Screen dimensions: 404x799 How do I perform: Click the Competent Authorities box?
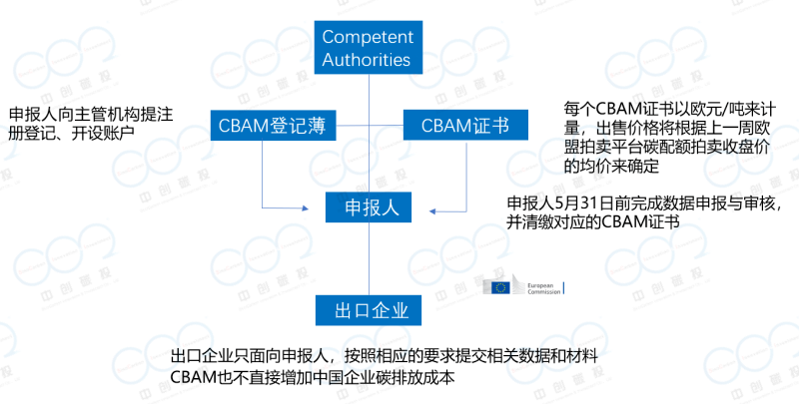[x=368, y=48]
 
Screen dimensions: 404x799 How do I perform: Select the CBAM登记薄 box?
[x=272, y=126]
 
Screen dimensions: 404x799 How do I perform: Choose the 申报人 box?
[x=372, y=207]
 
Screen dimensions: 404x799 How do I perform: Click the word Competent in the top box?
[x=368, y=37]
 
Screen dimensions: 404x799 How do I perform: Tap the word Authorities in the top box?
[x=367, y=60]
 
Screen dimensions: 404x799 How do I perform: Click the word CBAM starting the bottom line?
[x=195, y=378]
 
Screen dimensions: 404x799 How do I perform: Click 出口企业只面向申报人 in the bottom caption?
[x=250, y=357]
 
